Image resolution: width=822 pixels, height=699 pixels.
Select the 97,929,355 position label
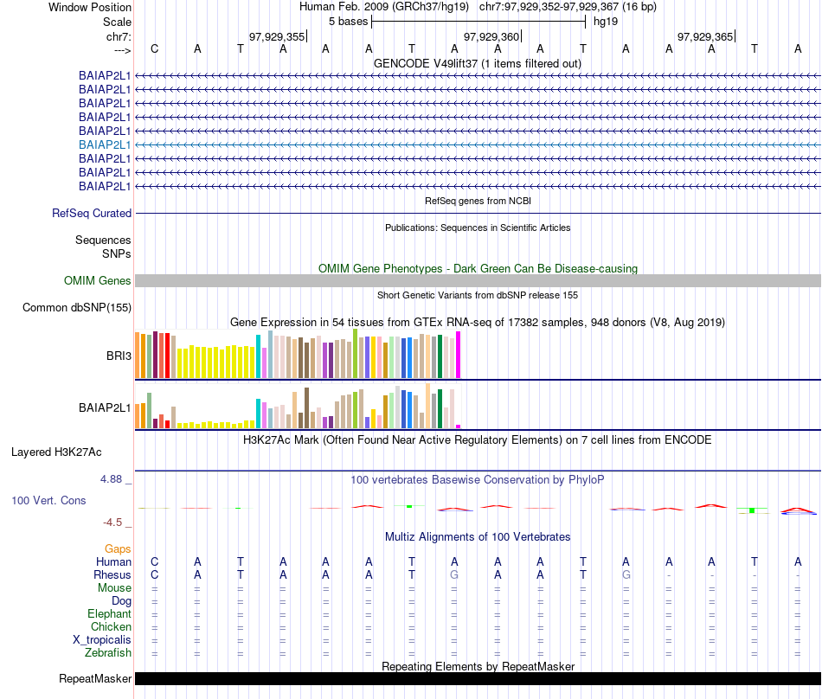[x=277, y=36]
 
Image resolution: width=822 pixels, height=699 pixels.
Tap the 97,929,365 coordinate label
[x=705, y=36]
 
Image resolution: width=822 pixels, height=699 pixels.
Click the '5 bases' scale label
[x=349, y=21]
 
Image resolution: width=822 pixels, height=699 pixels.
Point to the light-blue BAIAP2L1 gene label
[x=105, y=144]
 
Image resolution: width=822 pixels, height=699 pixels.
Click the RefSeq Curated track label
[x=92, y=213]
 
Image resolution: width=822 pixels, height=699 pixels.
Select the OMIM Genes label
[x=98, y=280]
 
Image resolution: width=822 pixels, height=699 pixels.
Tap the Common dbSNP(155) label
[x=77, y=307]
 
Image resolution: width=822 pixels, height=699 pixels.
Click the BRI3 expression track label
[x=119, y=354]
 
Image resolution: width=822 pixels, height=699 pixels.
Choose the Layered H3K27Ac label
[x=56, y=452]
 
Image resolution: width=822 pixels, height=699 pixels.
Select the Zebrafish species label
[x=109, y=653]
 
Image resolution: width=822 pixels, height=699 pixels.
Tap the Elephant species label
[x=110, y=613]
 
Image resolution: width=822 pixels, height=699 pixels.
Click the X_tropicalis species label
[x=102, y=640]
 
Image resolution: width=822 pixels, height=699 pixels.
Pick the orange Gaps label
[x=118, y=548]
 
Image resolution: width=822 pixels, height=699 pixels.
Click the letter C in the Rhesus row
[x=155, y=574]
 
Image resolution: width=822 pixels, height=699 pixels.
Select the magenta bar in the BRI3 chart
[x=459, y=355]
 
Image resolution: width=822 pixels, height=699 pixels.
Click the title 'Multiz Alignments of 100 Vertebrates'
[x=478, y=536]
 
